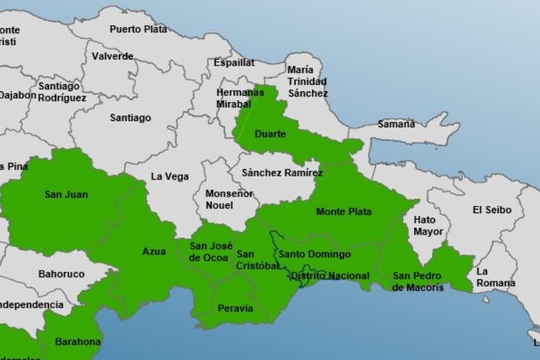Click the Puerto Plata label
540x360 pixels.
pyautogui.click(x=138, y=30)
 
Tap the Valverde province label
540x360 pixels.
pyautogui.click(x=112, y=56)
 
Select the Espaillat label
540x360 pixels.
pyautogui.click(x=234, y=63)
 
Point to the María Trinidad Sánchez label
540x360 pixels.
pyautogui.click(x=307, y=81)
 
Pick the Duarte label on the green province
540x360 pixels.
pyautogui.click(x=270, y=134)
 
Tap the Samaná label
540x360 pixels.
pyautogui.click(x=397, y=124)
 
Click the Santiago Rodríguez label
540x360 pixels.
pyautogui.click(x=62, y=91)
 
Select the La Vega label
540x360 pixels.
pyautogui.click(x=170, y=176)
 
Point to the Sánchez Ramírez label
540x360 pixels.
pyautogui.click(x=282, y=173)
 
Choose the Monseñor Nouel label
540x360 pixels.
pyautogui.click(x=229, y=199)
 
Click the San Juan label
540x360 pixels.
pyautogui.click(x=62, y=194)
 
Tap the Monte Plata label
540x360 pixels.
pyautogui.click(x=343, y=212)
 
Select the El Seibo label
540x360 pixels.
pyautogui.click(x=492, y=210)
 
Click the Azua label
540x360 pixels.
pyautogui.click(x=153, y=251)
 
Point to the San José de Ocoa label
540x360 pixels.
pyautogui.click(x=209, y=252)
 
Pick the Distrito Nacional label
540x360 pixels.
pyautogui.click(x=330, y=276)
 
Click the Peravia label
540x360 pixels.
pyautogui.click(x=235, y=308)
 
